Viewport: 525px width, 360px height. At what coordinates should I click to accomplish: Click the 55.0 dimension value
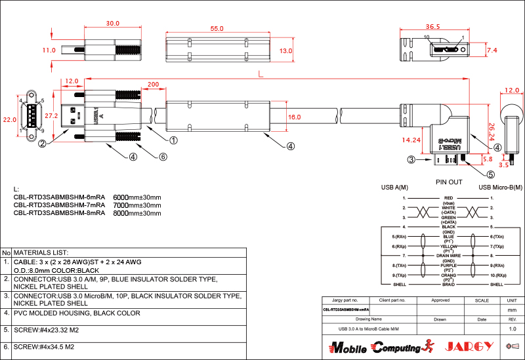pyautogui.click(x=217, y=29)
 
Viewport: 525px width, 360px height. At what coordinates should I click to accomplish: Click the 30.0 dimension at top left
pyautogui.click(x=113, y=24)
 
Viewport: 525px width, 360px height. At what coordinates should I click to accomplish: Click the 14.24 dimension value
pyautogui.click(x=411, y=140)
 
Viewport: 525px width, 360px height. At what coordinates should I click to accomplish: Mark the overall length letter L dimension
pyautogui.click(x=262, y=75)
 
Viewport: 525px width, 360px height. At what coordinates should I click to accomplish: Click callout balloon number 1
pyautogui.click(x=174, y=140)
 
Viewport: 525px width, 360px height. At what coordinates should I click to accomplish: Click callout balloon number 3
pyautogui.click(x=411, y=159)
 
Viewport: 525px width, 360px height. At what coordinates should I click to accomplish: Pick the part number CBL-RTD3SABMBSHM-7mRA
pyautogui.click(x=59, y=205)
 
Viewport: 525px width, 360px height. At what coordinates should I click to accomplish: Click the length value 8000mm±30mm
pyautogui.click(x=137, y=213)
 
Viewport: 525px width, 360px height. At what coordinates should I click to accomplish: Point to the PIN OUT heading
pyautogui.click(x=449, y=182)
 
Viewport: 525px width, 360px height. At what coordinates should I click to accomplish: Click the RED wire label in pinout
pyautogui.click(x=449, y=198)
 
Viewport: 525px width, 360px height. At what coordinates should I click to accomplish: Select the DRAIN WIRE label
pyautogui.click(x=449, y=255)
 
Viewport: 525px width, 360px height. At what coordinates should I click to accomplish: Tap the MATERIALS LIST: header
pyautogui.click(x=41, y=252)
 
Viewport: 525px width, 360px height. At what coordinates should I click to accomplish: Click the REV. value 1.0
pyautogui.click(x=513, y=328)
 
